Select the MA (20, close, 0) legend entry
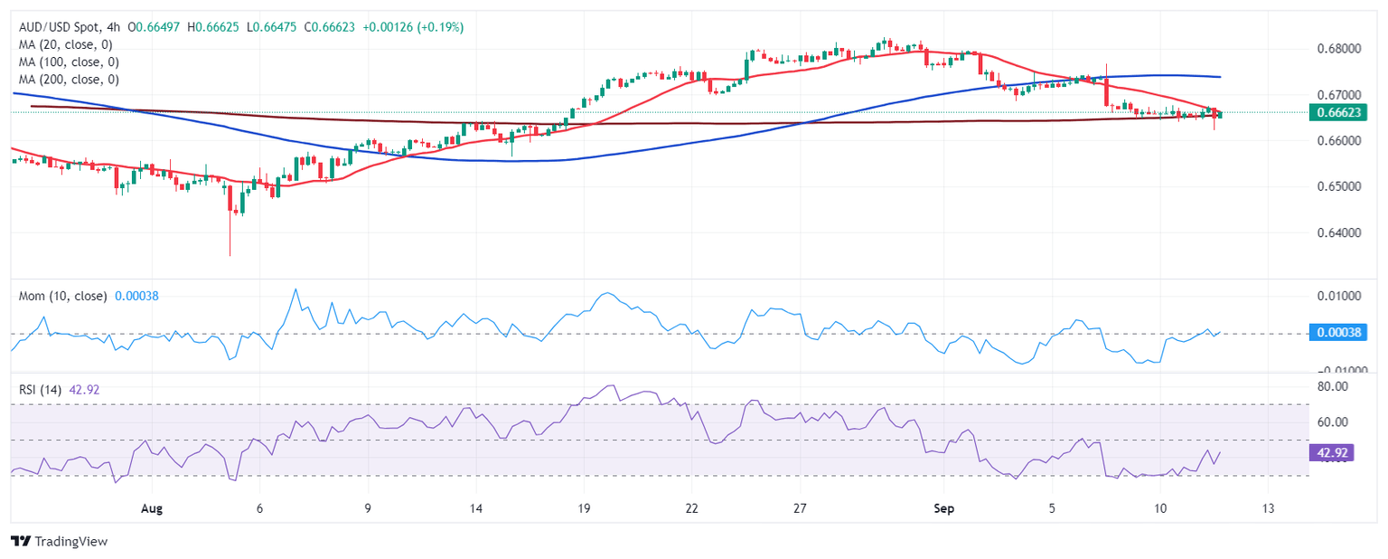(68, 45)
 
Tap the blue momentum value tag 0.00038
(1340, 333)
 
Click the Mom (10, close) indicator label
(63, 296)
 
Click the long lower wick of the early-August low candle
(230, 240)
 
